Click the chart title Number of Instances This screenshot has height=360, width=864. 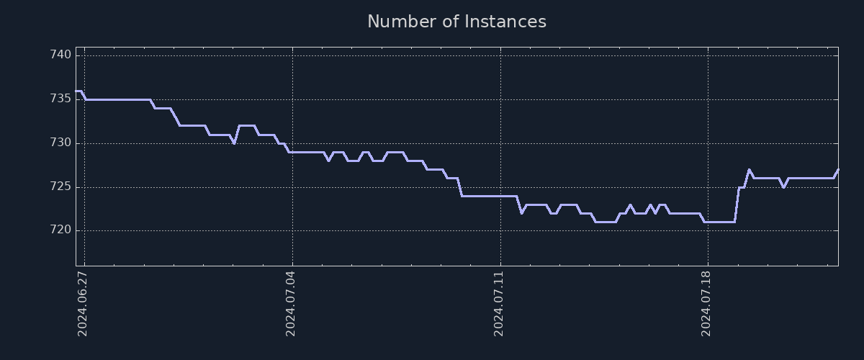point(456,22)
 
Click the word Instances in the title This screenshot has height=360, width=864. point(505,22)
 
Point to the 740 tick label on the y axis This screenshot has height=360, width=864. point(60,55)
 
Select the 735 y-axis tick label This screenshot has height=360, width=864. point(60,99)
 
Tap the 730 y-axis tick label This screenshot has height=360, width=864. point(60,143)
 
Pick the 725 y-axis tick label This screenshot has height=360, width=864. point(60,186)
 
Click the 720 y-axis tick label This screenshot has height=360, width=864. point(60,230)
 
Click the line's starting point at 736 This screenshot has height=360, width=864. point(76,91)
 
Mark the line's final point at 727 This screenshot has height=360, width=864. point(838,170)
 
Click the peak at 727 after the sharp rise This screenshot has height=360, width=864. point(749,170)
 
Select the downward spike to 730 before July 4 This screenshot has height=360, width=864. point(234,143)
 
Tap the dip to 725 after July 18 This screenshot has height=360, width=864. point(783,187)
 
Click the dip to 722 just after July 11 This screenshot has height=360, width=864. point(521,213)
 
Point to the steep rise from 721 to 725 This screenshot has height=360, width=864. point(737,204)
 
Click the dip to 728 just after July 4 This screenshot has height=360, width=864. point(328,161)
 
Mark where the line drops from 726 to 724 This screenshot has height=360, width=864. point(459,187)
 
